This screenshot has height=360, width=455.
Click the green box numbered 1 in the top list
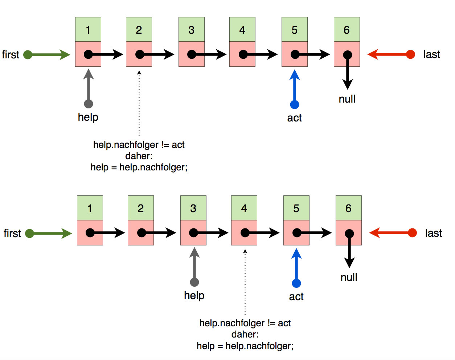click(x=88, y=30)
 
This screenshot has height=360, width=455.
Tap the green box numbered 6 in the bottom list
click(x=348, y=208)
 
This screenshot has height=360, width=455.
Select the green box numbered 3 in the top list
click(x=192, y=30)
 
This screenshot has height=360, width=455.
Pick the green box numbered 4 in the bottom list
click(x=244, y=208)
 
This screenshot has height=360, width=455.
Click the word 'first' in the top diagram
click(x=11, y=55)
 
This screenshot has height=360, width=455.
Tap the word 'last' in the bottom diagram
click(x=433, y=233)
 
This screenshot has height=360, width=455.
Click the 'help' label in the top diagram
click(x=88, y=117)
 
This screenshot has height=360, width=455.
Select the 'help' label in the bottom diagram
click(x=194, y=295)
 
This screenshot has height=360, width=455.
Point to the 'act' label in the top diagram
click(x=294, y=118)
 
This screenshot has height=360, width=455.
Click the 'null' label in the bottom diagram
click(x=349, y=277)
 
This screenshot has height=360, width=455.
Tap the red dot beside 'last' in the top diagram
click(x=410, y=54)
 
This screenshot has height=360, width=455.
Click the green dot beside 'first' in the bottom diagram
click(x=29, y=233)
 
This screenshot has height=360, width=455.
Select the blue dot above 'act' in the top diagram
click(x=295, y=104)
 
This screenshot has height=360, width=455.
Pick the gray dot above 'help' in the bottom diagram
click(x=194, y=282)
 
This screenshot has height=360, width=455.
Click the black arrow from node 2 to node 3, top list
click(x=158, y=55)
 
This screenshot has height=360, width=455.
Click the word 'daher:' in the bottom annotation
click(x=245, y=334)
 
